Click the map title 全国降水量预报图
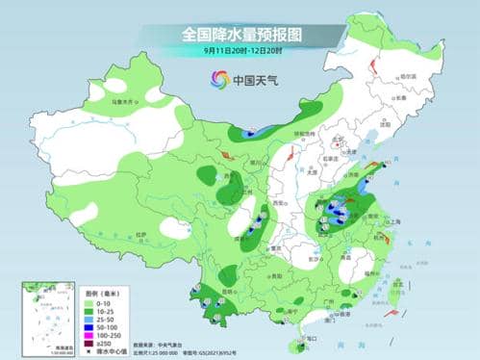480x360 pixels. click(x=241, y=34)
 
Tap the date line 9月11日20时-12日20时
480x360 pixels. click(x=241, y=50)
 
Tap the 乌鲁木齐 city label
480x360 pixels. click(x=118, y=100)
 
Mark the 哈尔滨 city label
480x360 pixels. click(x=408, y=76)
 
